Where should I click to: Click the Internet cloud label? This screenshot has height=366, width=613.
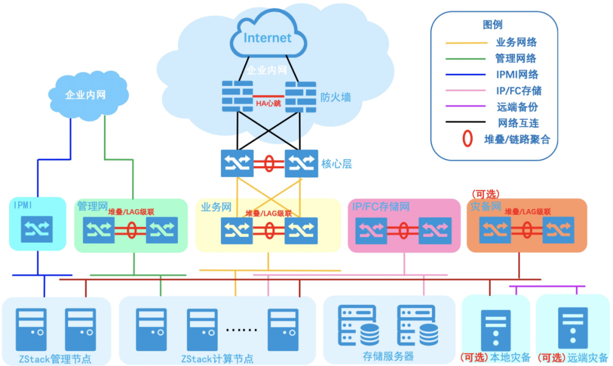267,38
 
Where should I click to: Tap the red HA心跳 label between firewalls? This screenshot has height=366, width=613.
268,103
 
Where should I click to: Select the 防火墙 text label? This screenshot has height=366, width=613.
335,97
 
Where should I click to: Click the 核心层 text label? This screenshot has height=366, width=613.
337,164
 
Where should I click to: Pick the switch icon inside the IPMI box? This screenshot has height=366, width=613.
37,230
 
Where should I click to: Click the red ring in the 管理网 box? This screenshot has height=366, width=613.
132,231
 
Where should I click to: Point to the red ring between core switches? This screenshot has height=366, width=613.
270,164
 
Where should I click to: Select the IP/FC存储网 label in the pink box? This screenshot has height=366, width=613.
380,206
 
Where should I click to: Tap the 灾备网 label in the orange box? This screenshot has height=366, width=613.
486,207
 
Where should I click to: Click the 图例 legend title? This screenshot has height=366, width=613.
492,24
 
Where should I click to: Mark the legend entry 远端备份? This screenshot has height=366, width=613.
517,106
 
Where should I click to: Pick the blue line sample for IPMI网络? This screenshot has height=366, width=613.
467,74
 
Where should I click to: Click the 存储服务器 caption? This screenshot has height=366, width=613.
388,356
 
